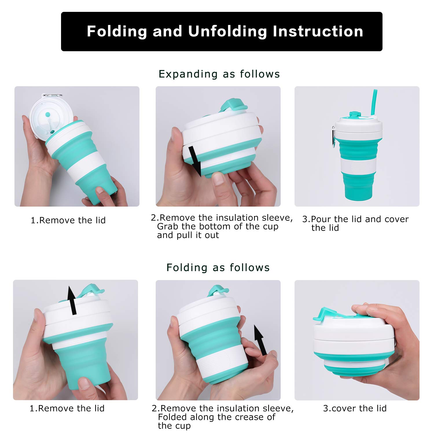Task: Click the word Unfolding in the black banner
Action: click(x=227, y=31)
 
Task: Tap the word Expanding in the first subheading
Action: click(x=188, y=74)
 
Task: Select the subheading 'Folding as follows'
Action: click(x=218, y=268)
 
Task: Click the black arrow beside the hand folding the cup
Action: click(x=260, y=340)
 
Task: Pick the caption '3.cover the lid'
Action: click(x=355, y=408)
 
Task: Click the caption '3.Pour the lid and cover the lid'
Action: click(x=355, y=223)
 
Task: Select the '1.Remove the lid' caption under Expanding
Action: click(x=68, y=220)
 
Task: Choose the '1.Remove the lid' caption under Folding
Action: click(x=67, y=408)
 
